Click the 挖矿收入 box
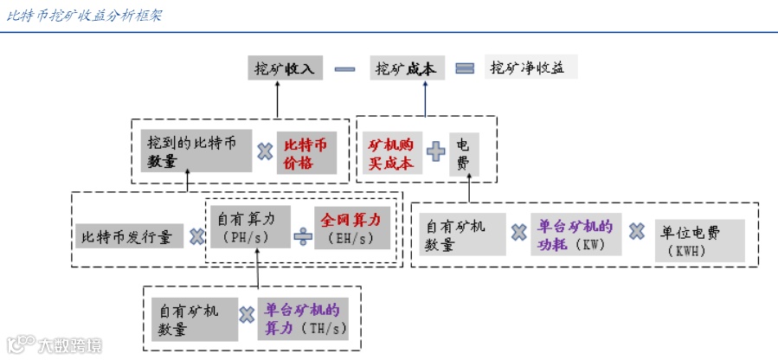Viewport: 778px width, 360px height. [276, 68]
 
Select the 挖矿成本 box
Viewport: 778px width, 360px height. [404, 68]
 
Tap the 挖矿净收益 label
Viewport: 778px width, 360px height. [528, 67]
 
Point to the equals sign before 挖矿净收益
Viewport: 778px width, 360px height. [465, 68]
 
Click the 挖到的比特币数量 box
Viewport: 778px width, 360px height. [195, 151]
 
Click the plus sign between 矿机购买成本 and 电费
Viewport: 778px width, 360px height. [436, 152]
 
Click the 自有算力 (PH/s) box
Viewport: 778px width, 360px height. [248, 228]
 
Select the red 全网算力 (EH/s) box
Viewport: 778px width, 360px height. [350, 228]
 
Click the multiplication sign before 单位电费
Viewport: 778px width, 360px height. [637, 232]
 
